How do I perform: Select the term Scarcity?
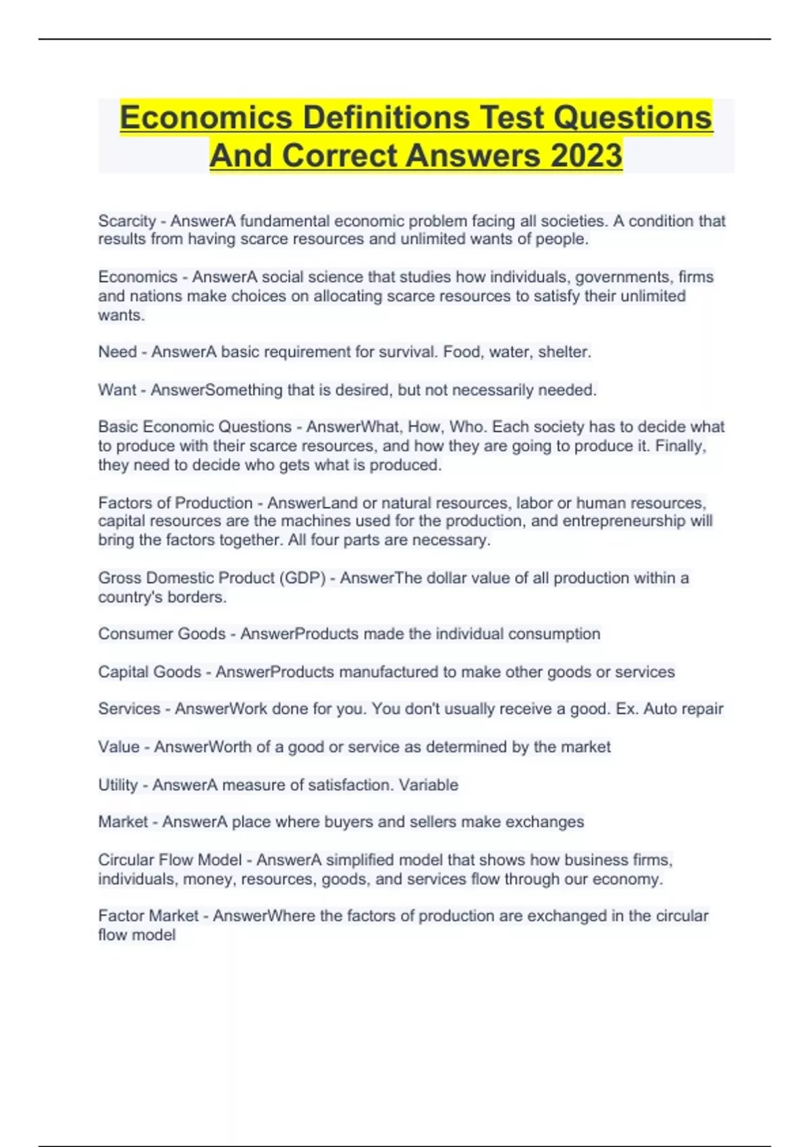coord(127,221)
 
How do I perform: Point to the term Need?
coord(117,352)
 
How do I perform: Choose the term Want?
coord(117,390)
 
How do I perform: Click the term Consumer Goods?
coord(161,634)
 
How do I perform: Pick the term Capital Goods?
coord(149,672)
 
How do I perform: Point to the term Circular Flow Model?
coord(169,860)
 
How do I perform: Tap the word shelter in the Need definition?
coord(564,352)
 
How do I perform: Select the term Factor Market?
coord(148,916)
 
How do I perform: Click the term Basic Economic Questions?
coord(194,427)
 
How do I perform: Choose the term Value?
coord(118,747)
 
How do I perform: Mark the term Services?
coord(129,709)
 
